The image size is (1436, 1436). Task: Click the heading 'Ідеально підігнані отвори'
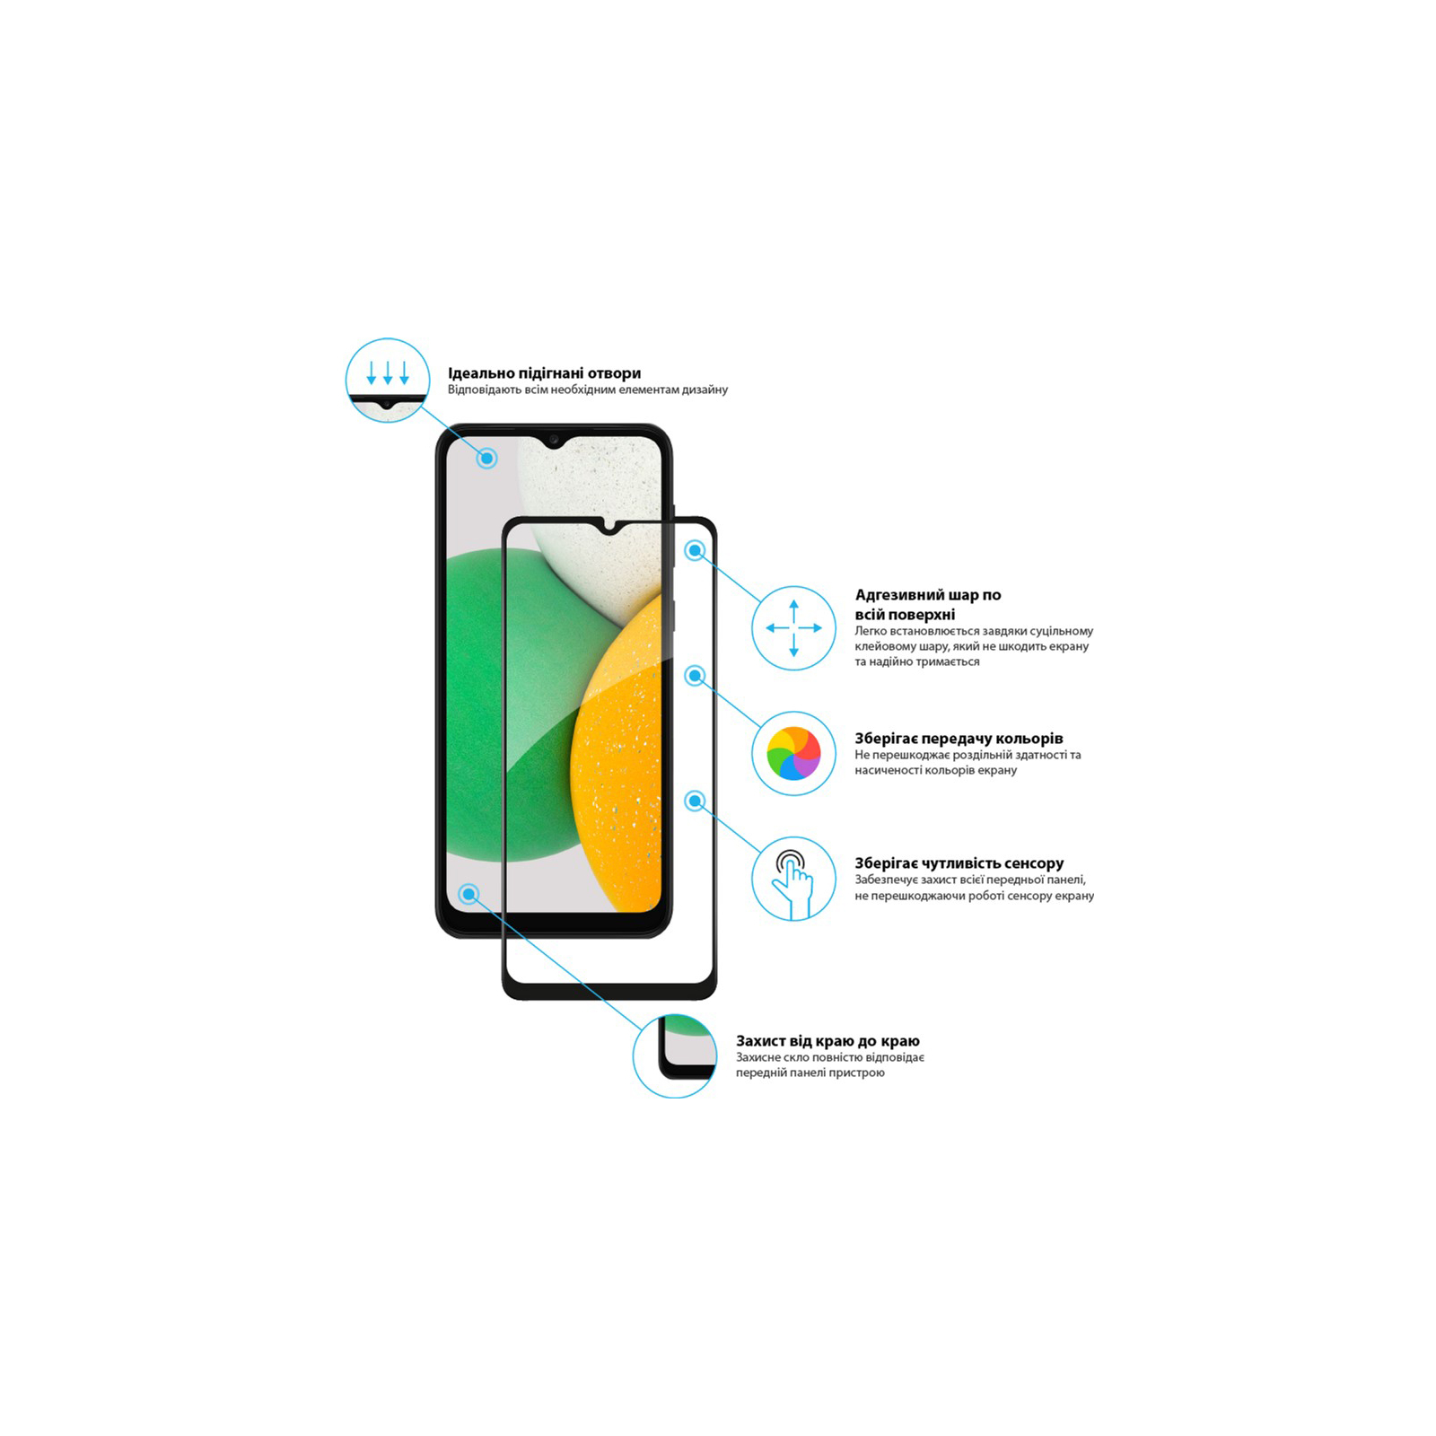coord(544,373)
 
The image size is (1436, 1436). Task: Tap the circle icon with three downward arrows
coord(388,381)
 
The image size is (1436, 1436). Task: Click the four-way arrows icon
coord(793,628)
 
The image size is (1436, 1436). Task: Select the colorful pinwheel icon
coord(793,753)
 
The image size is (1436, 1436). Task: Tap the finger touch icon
coord(793,879)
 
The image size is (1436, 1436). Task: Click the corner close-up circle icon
coord(675,1055)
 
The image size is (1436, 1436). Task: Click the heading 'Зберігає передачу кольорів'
coord(959,739)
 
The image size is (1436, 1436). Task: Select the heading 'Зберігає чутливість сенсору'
coord(959,863)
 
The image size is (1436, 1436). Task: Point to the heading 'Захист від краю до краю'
coord(827,1041)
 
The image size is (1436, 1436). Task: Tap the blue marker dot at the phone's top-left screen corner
coord(487,459)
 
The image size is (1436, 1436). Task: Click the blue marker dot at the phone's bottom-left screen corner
coord(468,894)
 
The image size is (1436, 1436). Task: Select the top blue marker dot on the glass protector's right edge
coord(695,550)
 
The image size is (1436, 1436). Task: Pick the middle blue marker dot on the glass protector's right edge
coord(695,676)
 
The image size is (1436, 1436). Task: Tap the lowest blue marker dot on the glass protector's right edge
coord(695,801)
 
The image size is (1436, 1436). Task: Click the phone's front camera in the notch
coord(554,440)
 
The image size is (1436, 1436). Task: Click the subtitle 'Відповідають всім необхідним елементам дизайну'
coord(587,390)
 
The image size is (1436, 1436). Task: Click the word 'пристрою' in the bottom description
coord(859,1073)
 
